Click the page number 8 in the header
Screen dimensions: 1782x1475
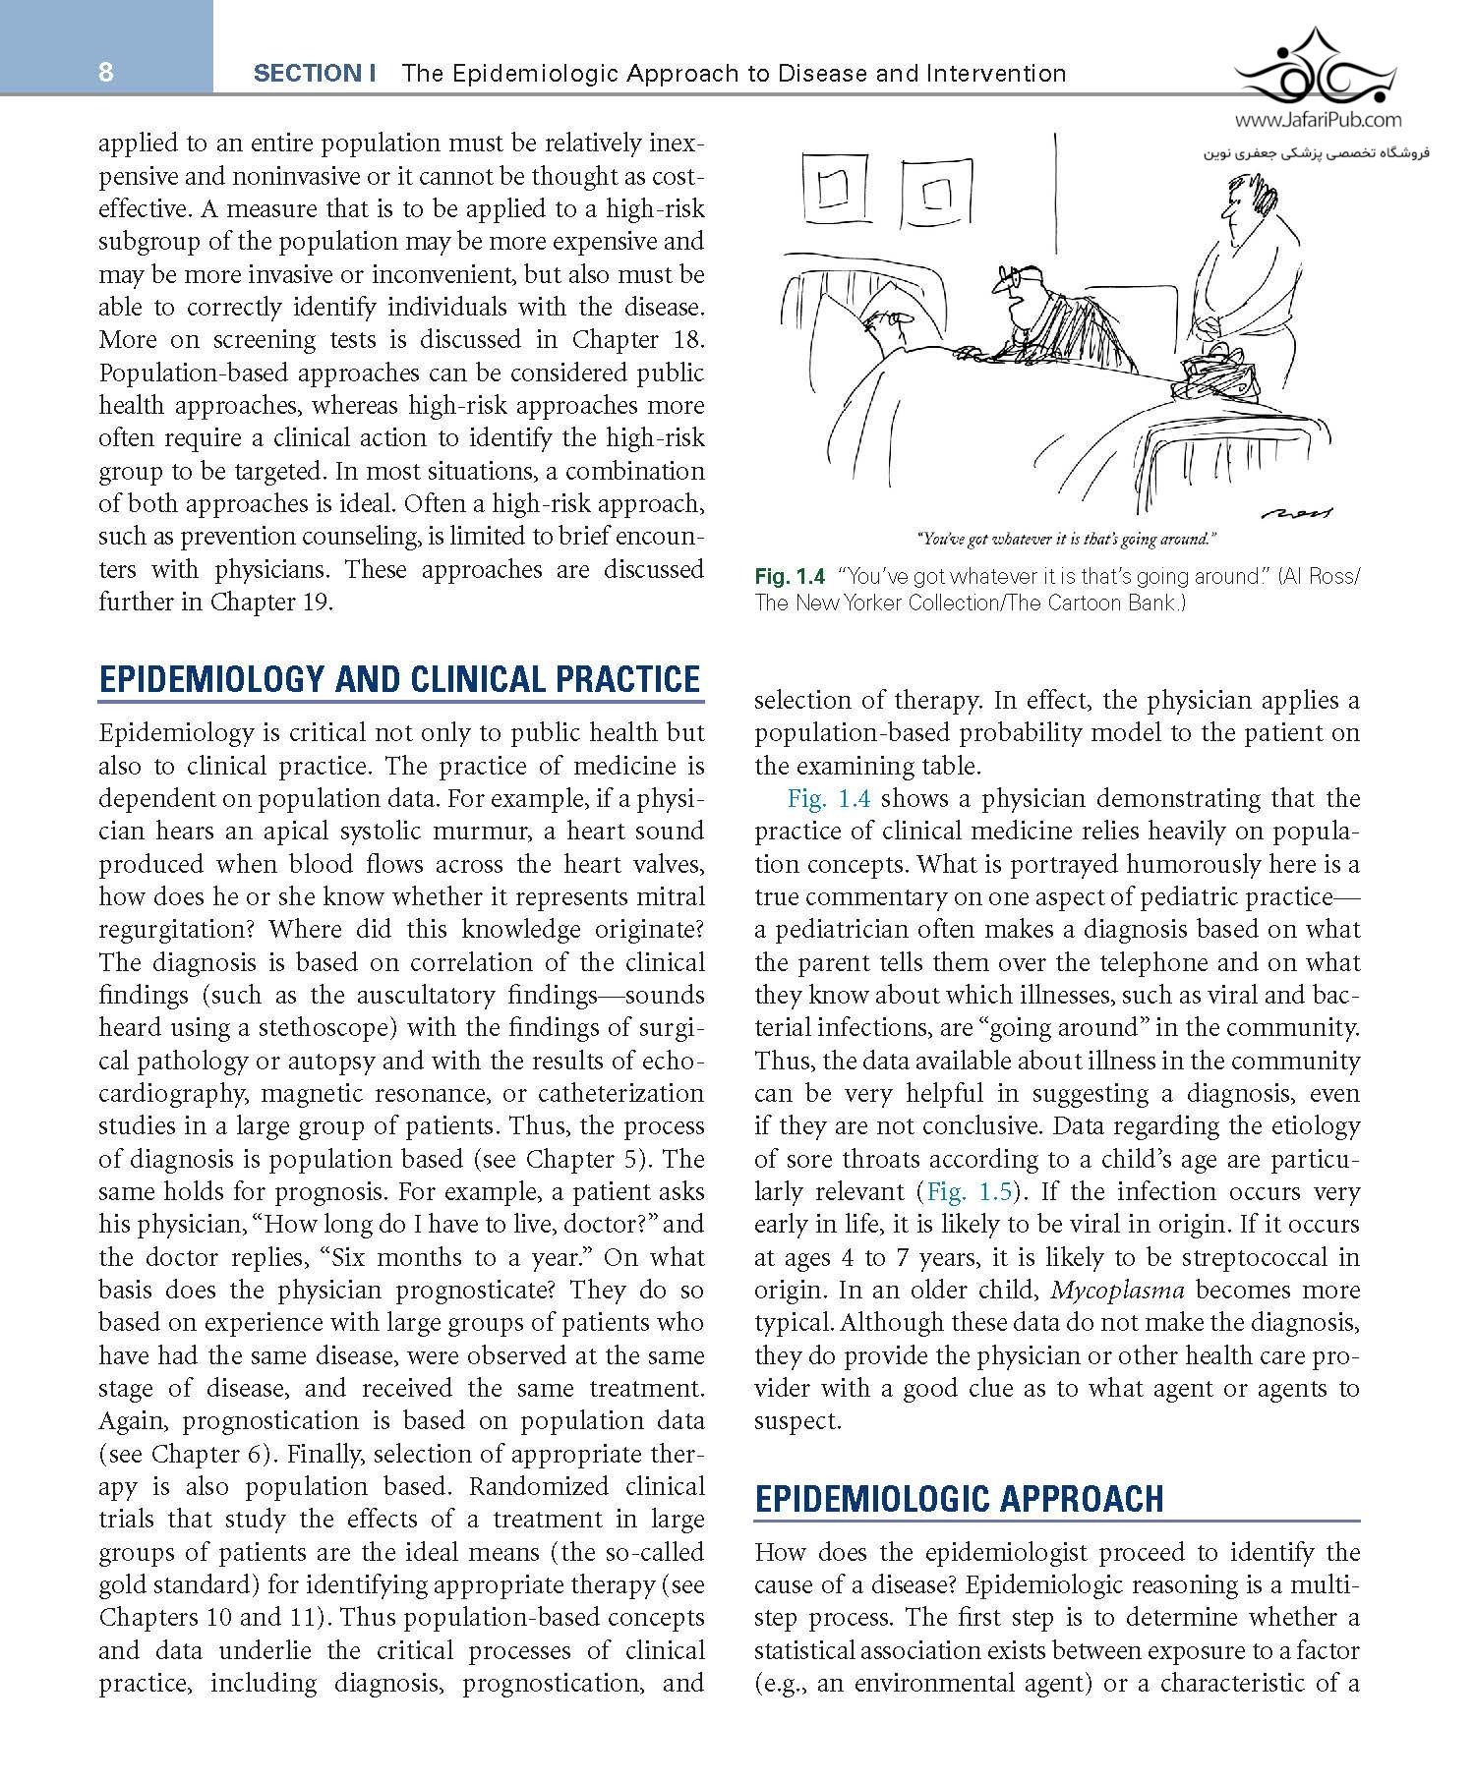point(106,73)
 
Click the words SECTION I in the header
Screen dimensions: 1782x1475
point(315,73)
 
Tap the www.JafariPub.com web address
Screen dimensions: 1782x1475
point(1318,121)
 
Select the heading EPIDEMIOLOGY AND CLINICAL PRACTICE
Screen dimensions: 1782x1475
point(400,679)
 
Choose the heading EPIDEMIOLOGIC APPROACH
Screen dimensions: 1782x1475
point(959,1498)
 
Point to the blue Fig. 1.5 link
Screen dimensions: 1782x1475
point(969,1191)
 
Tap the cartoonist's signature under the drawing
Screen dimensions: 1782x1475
point(1300,512)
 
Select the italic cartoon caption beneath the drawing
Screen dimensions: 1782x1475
point(1067,539)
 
